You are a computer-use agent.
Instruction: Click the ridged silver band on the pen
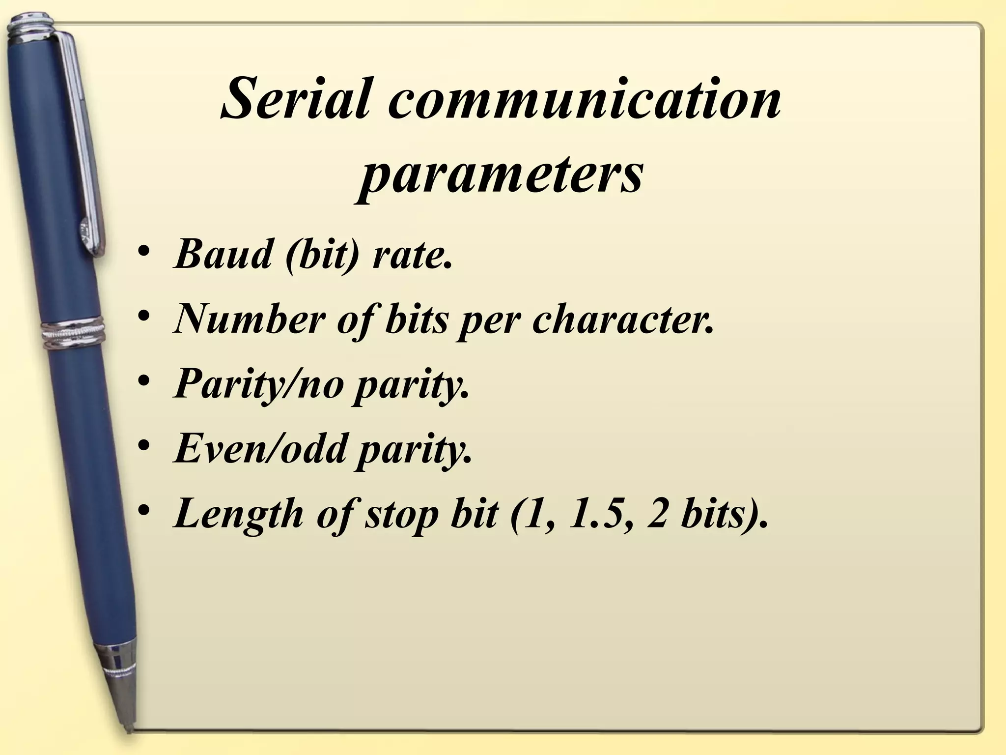click(x=74, y=334)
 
